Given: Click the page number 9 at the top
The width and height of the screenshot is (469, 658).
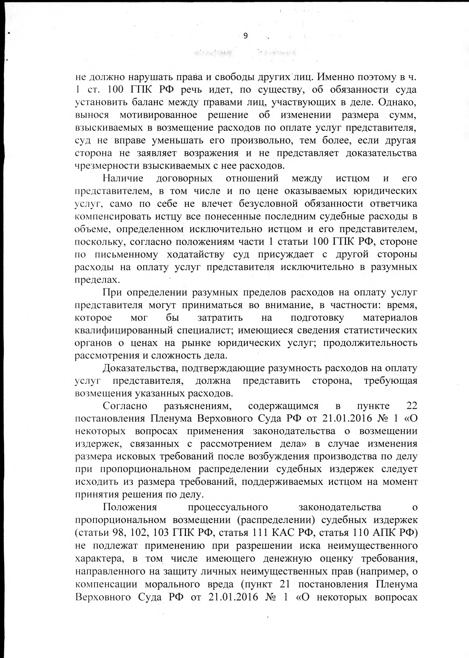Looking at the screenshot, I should (x=245, y=36).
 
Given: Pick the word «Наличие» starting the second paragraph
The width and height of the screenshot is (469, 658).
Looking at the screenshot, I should (x=123, y=178).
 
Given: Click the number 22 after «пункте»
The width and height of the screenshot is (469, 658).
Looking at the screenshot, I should (x=411, y=406).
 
